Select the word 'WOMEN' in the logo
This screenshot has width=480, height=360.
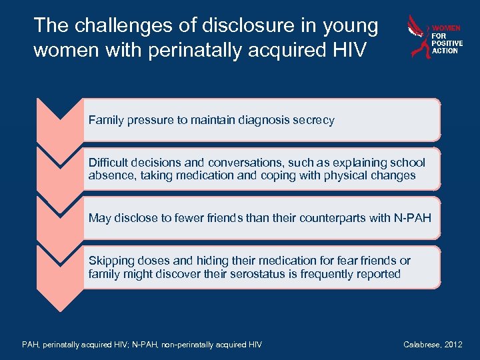pyautogui.click(x=447, y=29)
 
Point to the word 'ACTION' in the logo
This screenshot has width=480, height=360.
pyautogui.click(x=445, y=51)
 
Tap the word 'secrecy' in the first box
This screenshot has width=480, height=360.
pyautogui.click(x=311, y=120)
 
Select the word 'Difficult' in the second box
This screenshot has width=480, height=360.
pyautogui.click(x=110, y=163)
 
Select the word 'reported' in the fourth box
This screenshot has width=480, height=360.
pyautogui.click(x=378, y=273)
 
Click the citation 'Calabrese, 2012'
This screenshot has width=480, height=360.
pyautogui.click(x=432, y=344)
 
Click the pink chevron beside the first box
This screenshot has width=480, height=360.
pyautogui.click(x=60, y=120)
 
